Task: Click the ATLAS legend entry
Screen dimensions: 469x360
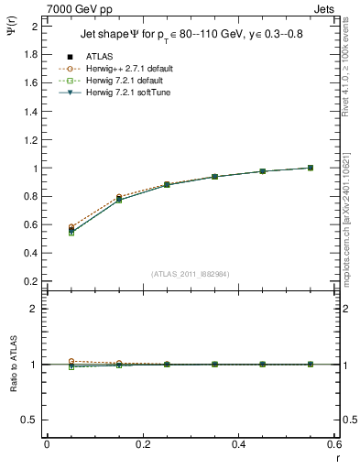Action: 100,57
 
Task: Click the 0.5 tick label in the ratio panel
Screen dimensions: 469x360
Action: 30,420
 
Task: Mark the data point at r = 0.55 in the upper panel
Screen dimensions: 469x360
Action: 311,168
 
